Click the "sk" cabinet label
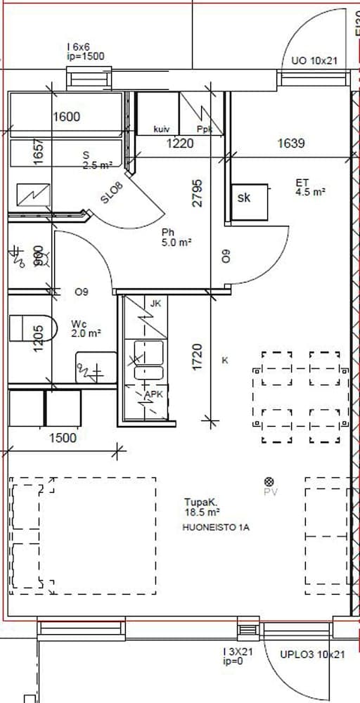pyautogui.click(x=244, y=198)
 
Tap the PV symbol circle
pyautogui.click(x=269, y=482)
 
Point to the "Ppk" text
pyautogui.click(x=205, y=129)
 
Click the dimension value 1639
pyautogui.click(x=290, y=143)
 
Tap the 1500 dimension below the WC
pyautogui.click(x=62, y=438)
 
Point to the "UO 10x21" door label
pyautogui.click(x=314, y=61)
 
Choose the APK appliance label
pyautogui.click(x=153, y=395)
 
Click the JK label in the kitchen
pyautogui.click(x=155, y=304)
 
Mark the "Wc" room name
pyautogui.click(x=78, y=324)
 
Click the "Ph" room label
pyautogui.click(x=168, y=232)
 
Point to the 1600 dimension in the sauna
pyautogui.click(x=67, y=117)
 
